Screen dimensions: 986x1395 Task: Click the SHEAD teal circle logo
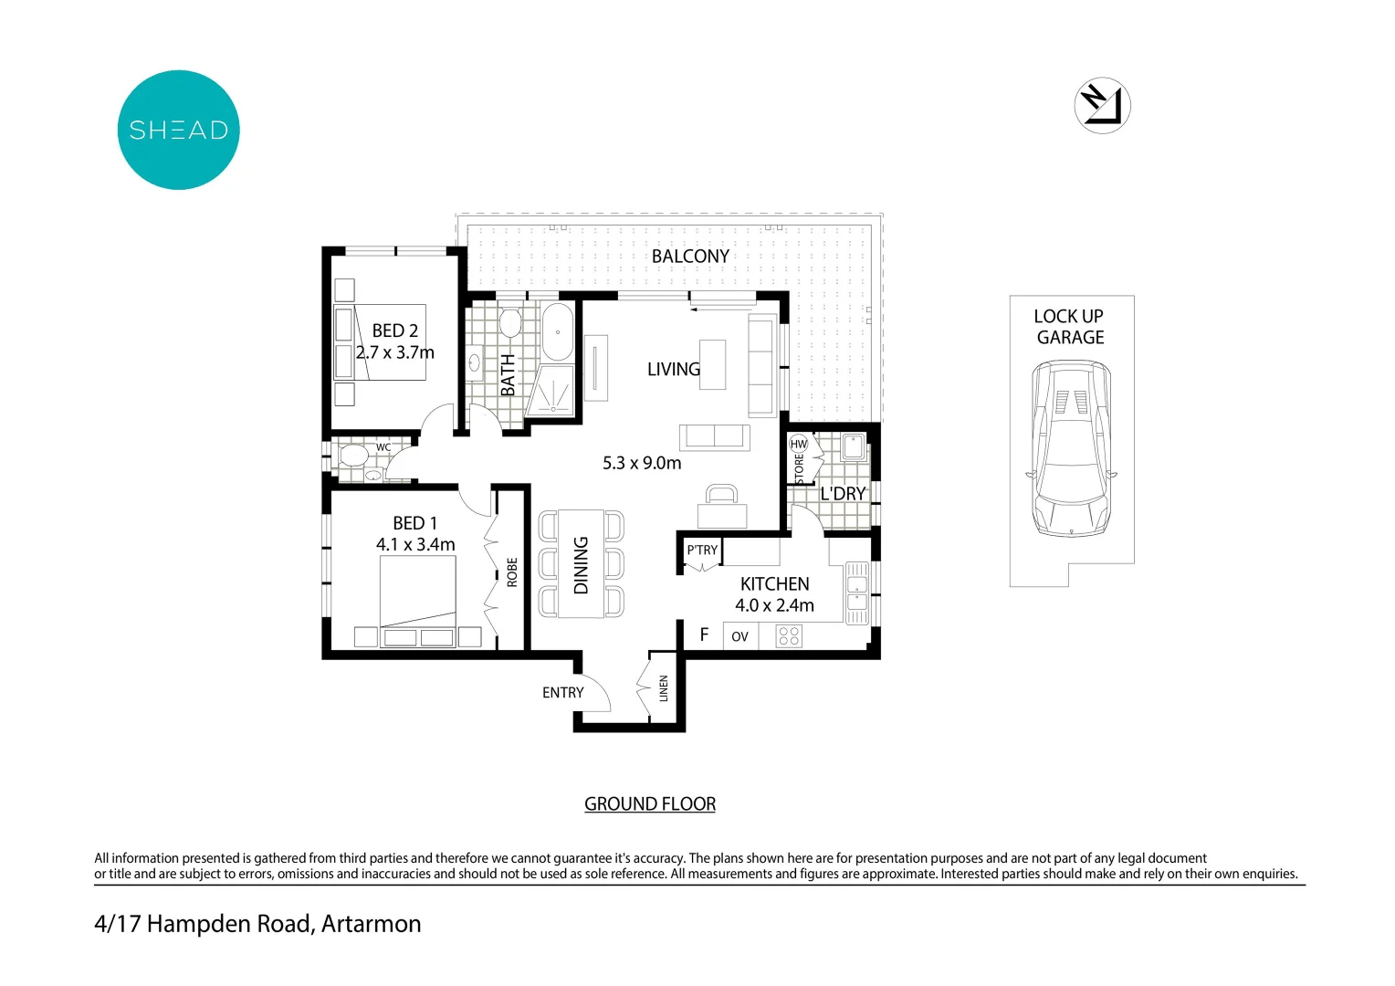(179, 130)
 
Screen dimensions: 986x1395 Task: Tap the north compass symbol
(1102, 105)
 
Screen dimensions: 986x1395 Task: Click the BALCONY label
(690, 257)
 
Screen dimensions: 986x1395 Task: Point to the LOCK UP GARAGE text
(1069, 327)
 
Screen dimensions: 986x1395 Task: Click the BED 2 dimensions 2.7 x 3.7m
(395, 352)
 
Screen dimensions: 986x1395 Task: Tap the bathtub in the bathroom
(558, 332)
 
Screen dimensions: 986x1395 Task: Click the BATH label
(509, 375)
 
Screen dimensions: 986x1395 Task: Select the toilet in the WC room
(351, 454)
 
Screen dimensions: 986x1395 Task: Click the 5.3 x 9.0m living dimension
(642, 463)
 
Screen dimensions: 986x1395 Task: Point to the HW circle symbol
(799, 444)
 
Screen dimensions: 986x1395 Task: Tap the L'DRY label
(843, 494)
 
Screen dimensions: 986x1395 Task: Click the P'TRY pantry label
(702, 550)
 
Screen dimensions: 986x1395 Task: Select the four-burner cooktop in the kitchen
(789, 635)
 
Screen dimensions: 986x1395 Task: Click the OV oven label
(739, 636)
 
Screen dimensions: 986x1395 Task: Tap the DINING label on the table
(582, 565)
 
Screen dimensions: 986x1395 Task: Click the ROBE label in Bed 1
(512, 572)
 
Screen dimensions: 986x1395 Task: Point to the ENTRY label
(562, 693)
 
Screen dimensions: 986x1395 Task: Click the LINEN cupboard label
(664, 688)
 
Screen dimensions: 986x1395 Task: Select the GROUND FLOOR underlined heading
(650, 804)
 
